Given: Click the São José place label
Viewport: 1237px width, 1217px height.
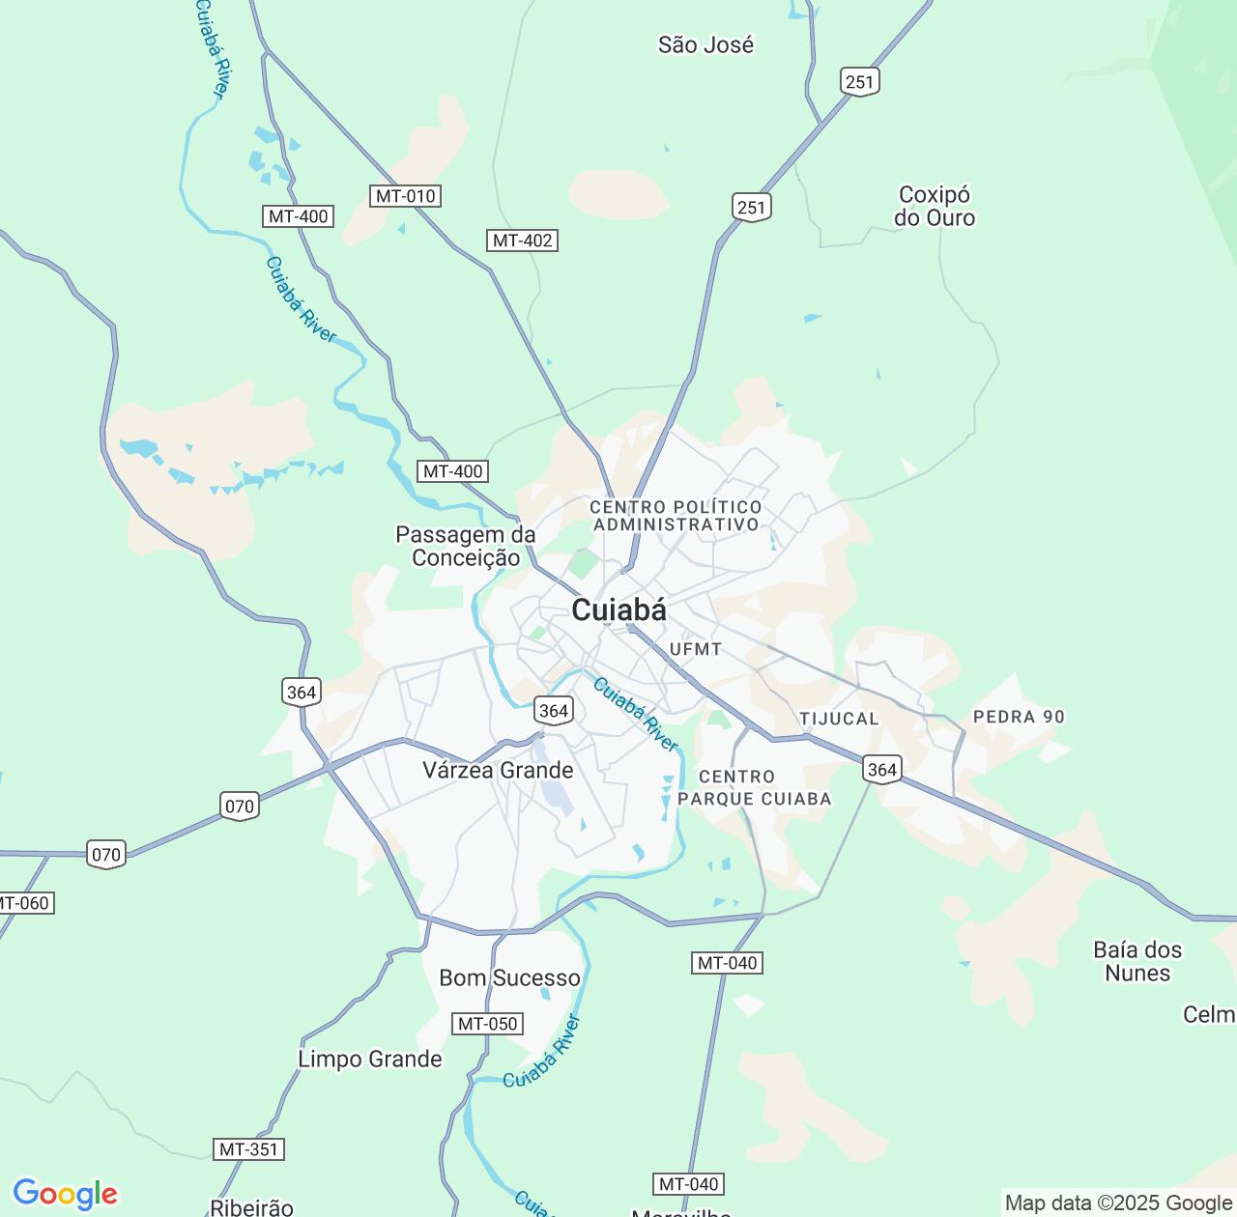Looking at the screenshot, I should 705,44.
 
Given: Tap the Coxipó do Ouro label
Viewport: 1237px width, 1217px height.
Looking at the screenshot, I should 934,207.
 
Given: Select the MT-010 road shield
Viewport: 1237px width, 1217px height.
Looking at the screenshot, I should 406,196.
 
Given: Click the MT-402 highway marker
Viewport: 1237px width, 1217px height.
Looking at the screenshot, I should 523,241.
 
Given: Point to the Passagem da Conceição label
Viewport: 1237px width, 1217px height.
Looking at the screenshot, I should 465,546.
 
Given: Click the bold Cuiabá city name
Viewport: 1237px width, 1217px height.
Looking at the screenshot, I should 618,610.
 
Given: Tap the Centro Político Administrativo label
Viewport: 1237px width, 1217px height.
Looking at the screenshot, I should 676,516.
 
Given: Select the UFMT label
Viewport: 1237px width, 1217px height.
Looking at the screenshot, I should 695,649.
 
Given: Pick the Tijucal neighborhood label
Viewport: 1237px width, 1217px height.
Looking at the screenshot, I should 839,719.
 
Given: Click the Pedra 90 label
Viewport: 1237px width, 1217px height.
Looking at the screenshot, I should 1019,717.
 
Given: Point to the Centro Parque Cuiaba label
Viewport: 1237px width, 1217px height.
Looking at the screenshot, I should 754,787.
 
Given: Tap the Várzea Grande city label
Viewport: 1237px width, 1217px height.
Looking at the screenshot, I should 498,770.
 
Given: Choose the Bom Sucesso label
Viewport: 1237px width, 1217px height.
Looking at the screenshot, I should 509,977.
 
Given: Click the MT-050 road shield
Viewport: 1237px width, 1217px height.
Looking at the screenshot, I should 488,1024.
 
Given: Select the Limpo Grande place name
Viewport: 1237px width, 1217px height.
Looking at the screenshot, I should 369,1059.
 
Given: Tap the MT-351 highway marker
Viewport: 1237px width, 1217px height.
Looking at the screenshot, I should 248,1149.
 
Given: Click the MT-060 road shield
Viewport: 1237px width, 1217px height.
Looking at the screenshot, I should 21,903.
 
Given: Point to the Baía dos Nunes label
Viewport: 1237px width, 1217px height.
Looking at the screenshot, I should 1137,961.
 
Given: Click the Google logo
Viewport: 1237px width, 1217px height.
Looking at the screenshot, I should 64,1194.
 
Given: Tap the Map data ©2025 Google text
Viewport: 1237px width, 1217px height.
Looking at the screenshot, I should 1118,1203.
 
